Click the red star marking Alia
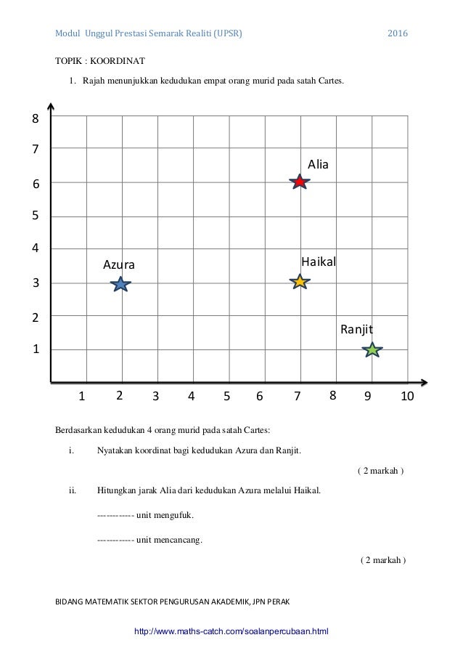[x=299, y=182]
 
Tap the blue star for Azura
[x=121, y=284]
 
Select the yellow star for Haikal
[x=299, y=282]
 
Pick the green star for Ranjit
[x=372, y=350]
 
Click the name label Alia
[x=318, y=165]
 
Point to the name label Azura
[x=119, y=264]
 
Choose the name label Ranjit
[x=356, y=330]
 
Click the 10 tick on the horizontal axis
[x=406, y=397]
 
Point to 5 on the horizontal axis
[x=226, y=397]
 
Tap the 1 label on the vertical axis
[x=35, y=350]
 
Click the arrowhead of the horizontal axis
[x=425, y=381]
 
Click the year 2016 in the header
[x=397, y=34]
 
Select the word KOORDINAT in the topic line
[x=120, y=62]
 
